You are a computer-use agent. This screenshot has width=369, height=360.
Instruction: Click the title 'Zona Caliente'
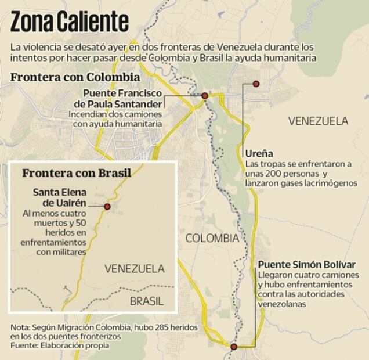[69, 21]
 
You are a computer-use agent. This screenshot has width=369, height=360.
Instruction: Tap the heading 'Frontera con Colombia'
[75, 77]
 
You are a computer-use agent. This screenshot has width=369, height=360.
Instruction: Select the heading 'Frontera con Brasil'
[76, 172]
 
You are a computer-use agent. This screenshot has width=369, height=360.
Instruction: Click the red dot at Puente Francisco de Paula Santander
[204, 95]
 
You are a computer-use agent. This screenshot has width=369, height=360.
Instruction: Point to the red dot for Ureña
[256, 84]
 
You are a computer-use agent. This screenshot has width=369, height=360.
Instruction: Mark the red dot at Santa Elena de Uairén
[107, 206]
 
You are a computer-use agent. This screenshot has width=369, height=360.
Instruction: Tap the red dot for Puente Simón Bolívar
[233, 347]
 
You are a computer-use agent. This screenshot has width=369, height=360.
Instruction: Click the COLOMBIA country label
[212, 237]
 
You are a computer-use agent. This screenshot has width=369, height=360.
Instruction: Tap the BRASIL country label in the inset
[147, 301]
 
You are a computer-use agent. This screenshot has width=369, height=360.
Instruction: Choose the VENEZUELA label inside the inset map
[134, 269]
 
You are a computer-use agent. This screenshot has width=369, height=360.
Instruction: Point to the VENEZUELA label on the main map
[319, 121]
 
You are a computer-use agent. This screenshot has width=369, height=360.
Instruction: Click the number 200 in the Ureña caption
[274, 174]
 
